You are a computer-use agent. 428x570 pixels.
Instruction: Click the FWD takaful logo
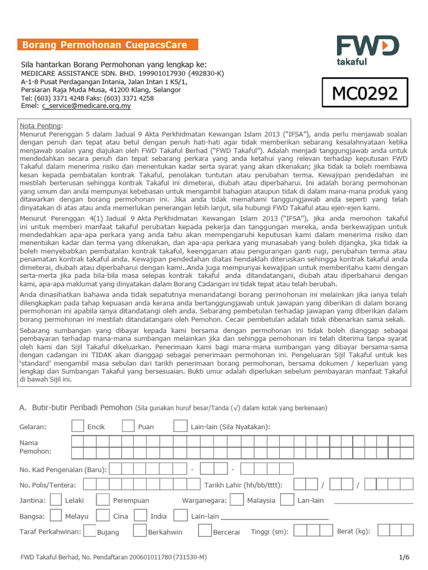click(367, 50)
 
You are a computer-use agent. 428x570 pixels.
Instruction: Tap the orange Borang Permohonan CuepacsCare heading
click(108, 45)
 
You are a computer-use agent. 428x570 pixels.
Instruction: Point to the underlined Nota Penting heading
click(41, 126)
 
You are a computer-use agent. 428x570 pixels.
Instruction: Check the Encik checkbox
click(78, 426)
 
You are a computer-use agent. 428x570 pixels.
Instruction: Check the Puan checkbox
click(129, 426)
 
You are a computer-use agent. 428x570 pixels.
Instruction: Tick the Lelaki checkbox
click(56, 500)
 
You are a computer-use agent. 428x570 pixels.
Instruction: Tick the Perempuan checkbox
click(103, 500)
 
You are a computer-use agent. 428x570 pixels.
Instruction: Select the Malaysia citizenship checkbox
click(236, 500)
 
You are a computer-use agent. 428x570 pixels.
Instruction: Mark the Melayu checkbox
click(56, 515)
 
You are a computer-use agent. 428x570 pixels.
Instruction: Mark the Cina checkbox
click(103, 515)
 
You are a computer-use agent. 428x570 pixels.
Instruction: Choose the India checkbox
click(140, 515)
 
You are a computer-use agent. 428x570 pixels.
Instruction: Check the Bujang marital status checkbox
click(90, 531)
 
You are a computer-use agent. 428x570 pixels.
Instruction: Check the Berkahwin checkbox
click(140, 531)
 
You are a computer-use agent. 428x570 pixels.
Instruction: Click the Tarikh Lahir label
click(243, 485)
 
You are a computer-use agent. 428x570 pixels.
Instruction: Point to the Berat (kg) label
click(353, 532)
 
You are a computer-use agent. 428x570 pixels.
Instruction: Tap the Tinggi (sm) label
click(270, 532)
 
